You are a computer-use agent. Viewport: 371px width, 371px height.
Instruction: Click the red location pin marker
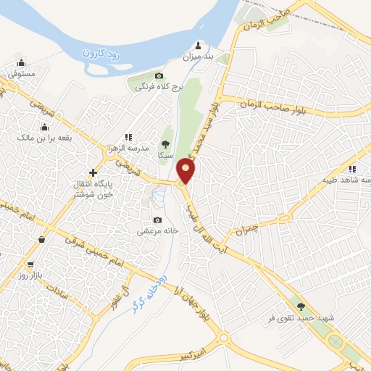click(x=186, y=172)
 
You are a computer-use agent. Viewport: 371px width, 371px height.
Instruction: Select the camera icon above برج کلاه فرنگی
click(x=159, y=75)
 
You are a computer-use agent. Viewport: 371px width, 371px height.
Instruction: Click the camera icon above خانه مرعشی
click(x=157, y=220)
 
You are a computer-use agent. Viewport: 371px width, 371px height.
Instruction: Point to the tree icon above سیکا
click(x=165, y=144)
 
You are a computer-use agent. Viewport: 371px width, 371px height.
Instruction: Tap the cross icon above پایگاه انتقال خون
click(x=92, y=172)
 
